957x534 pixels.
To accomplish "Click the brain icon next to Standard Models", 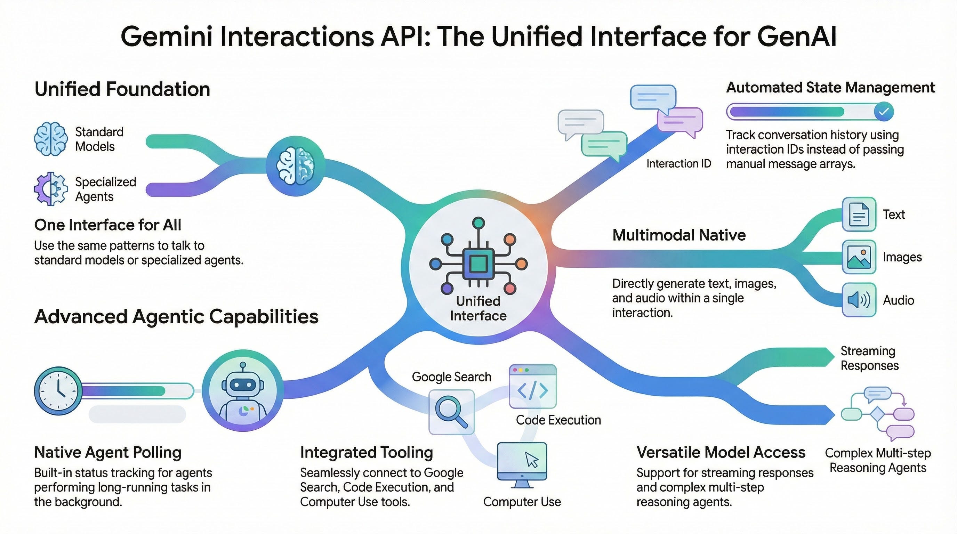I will [51, 139].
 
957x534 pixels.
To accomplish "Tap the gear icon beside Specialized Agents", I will [51, 189].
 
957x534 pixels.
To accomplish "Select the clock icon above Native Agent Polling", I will [58, 391].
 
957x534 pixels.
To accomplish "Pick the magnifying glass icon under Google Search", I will [451, 412].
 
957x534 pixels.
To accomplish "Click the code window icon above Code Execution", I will [532, 386].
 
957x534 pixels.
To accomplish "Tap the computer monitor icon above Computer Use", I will [522, 464].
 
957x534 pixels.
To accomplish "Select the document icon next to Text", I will [859, 214].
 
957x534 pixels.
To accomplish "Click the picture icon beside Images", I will [859, 257].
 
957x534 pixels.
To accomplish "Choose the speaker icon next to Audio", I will [859, 300].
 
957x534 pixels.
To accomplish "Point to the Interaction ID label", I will [679, 163].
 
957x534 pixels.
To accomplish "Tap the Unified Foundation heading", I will [122, 89].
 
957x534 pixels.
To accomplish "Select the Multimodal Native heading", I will [679, 235].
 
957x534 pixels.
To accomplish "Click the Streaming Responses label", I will [869, 358].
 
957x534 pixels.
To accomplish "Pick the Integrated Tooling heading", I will [366, 452].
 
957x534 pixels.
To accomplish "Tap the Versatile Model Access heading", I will [721, 452].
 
